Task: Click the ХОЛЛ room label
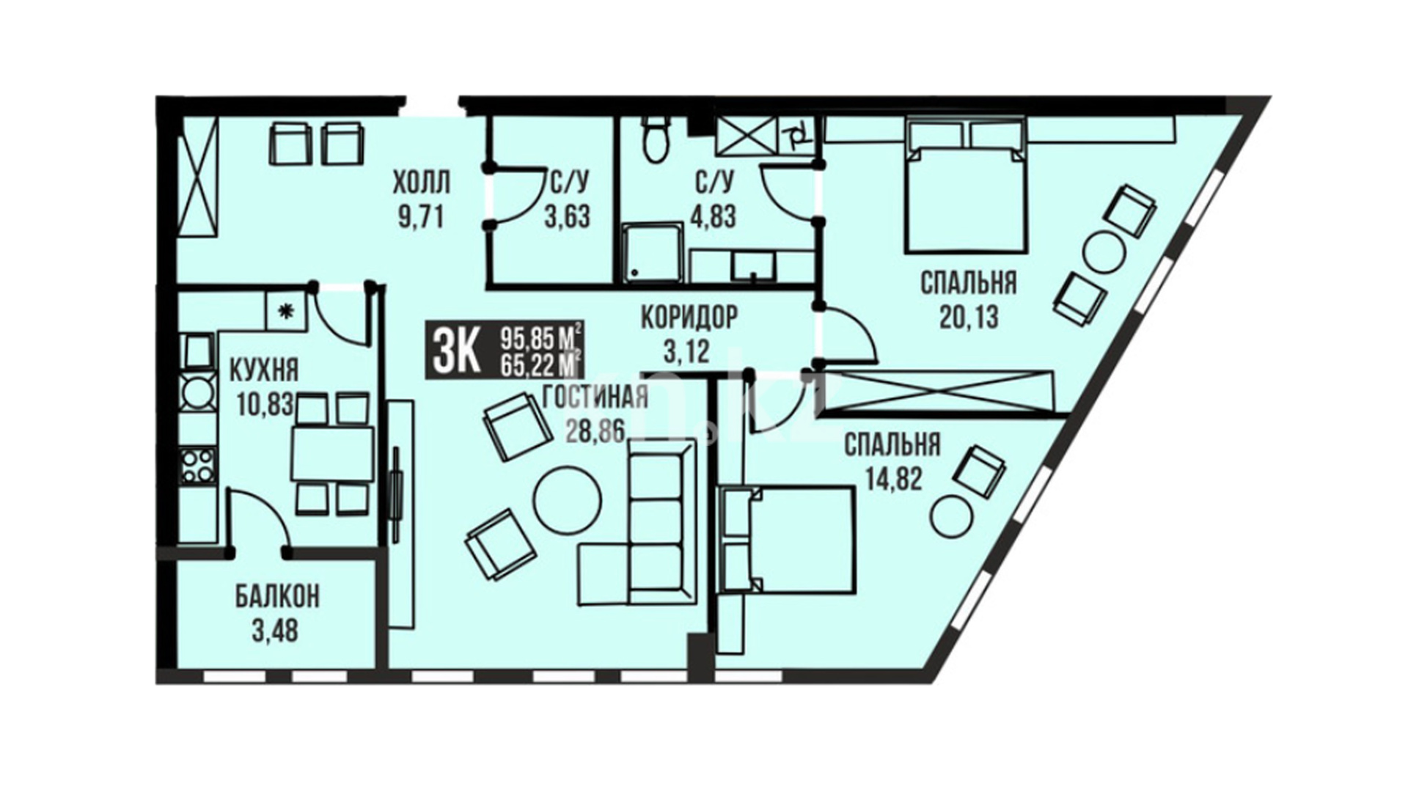(x=422, y=181)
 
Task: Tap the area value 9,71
(x=421, y=218)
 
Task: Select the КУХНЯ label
(x=264, y=370)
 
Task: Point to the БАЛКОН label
(x=277, y=597)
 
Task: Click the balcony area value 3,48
(x=275, y=631)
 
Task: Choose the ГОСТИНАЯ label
(x=595, y=397)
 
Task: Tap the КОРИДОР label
(x=689, y=318)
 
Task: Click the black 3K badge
(x=455, y=350)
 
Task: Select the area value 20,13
(x=968, y=317)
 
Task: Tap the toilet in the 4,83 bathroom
(x=654, y=140)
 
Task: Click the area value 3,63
(x=567, y=217)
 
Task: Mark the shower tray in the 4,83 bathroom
(x=653, y=254)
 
